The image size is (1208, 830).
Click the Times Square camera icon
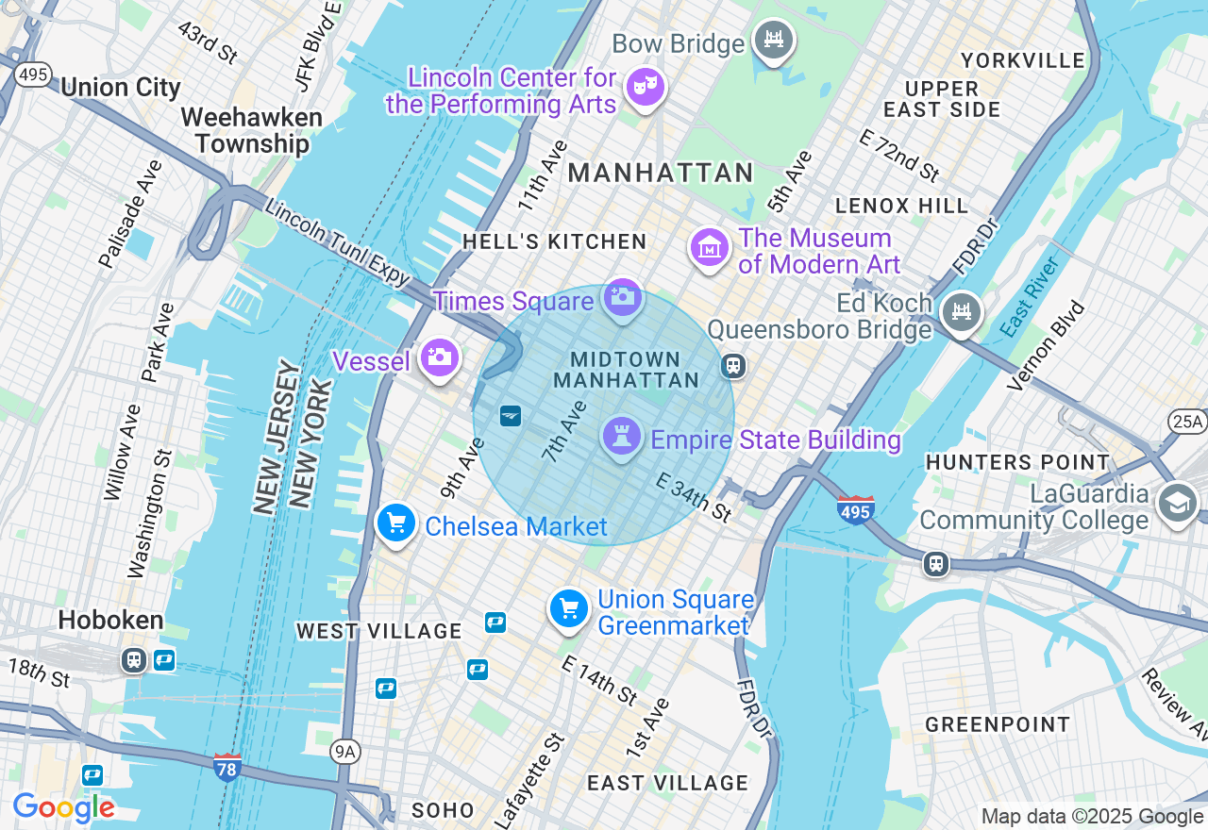(622, 297)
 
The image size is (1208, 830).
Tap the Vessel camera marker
(439, 357)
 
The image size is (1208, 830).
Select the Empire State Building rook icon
(621, 437)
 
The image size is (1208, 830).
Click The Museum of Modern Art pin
(709, 248)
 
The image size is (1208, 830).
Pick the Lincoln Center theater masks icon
(645, 88)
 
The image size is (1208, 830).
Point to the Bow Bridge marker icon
(773, 40)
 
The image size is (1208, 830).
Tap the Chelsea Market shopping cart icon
(396, 523)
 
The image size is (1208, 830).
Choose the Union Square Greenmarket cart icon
(569, 609)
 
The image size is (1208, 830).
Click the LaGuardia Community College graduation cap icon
(1177, 504)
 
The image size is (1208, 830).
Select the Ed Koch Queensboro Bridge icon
(961, 311)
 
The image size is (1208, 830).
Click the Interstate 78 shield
(226, 767)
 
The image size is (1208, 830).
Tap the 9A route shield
(345, 751)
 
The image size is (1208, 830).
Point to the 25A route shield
(1186, 421)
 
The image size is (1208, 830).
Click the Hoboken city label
(110, 621)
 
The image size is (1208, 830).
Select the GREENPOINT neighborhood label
(998, 724)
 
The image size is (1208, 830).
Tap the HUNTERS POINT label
(1017, 462)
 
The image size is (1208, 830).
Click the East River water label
(1031, 296)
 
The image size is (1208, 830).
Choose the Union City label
(120, 88)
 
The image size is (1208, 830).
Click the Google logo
(63, 807)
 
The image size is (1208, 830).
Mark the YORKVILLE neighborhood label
(1023, 61)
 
